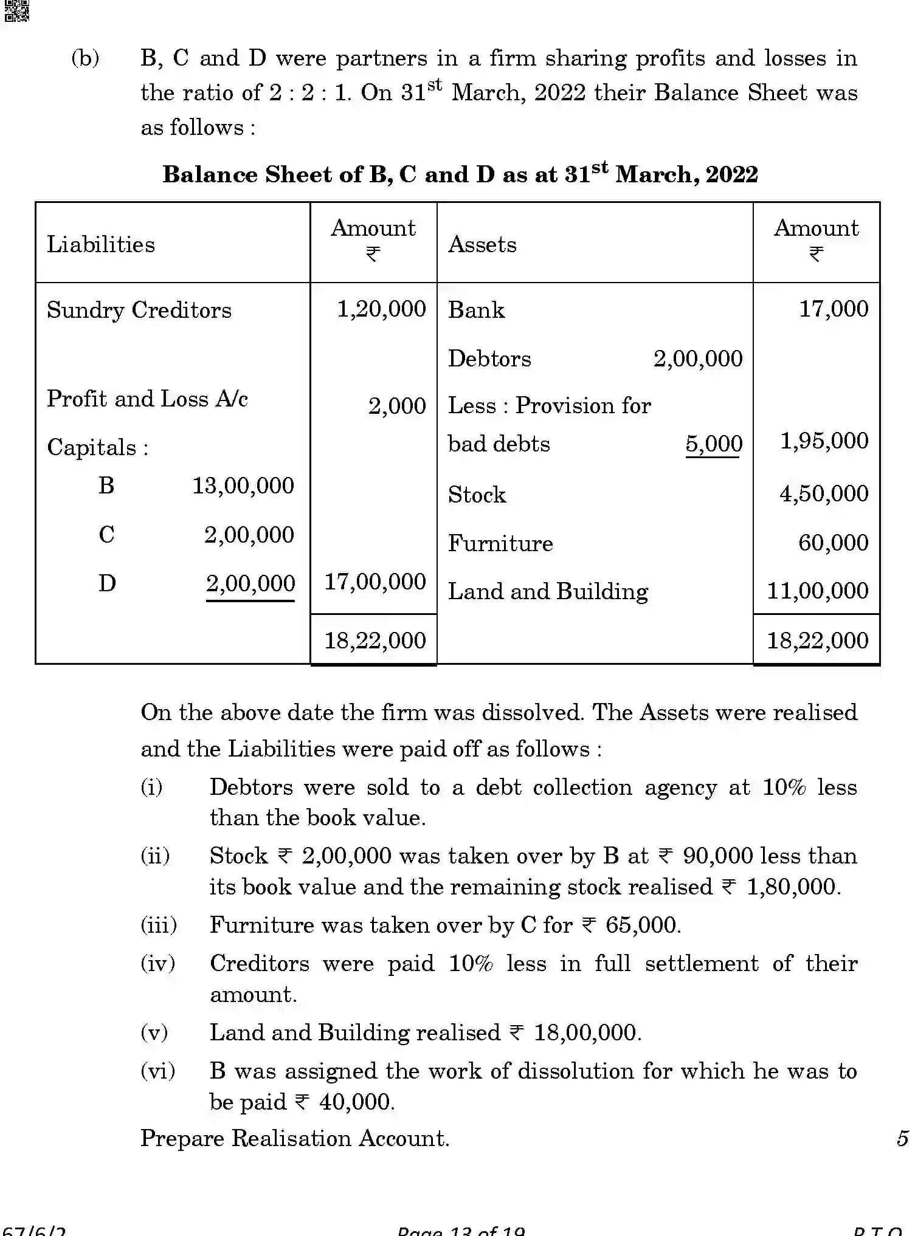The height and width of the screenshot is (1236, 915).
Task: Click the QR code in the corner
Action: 16,10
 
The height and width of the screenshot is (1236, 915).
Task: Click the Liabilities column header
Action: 101,244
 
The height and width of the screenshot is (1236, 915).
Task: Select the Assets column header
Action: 482,244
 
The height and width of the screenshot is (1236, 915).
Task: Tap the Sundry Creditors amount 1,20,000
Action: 381,309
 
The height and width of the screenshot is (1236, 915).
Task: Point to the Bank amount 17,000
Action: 833,309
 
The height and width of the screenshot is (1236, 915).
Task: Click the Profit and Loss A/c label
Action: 147,399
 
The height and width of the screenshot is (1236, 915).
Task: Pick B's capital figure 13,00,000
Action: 243,486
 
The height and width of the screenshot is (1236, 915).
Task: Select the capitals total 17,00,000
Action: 375,582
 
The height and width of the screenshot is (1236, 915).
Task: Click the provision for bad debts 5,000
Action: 714,444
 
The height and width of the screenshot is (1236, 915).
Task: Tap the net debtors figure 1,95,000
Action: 824,441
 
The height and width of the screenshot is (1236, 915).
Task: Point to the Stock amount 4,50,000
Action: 824,493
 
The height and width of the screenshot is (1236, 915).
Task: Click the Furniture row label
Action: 500,543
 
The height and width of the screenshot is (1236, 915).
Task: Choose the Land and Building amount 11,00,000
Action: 817,591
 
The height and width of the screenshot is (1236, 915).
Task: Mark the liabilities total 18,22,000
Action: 375,640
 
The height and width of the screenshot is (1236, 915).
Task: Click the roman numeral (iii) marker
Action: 159,925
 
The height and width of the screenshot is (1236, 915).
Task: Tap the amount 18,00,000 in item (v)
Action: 585,1032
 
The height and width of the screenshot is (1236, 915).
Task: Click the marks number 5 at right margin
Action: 902,1138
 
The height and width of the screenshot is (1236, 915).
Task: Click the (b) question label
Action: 85,58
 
